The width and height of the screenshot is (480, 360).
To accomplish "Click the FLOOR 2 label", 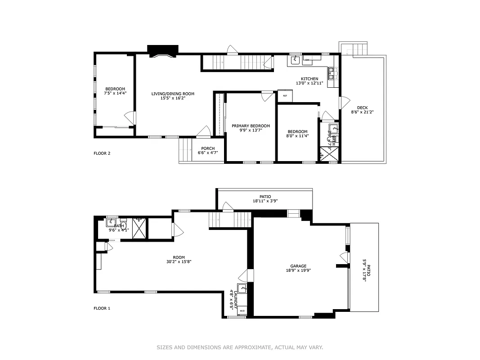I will pos(102,153).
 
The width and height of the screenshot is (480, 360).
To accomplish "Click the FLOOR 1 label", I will pos(102,308).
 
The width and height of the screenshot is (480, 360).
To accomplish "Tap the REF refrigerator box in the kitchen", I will pos(285,96).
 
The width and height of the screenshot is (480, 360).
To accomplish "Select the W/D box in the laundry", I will pos(242,310).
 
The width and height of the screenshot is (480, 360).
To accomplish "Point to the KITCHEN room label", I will pos(310,79).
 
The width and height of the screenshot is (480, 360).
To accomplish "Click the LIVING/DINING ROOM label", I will pos(173,94).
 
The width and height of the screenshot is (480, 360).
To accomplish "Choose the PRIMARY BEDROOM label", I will pos(251,126).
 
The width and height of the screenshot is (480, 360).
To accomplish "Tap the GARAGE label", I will pos(298,266).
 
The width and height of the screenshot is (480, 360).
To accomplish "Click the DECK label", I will pos(362,108).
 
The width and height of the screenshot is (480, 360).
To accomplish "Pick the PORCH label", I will pos(208,148).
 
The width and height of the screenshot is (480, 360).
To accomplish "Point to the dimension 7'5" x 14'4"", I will pos(115,93).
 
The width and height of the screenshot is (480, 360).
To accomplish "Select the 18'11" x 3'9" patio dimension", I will pos(265,201).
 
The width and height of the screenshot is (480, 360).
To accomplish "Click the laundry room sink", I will pos(242,288).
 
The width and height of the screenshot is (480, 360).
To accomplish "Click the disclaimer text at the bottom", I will pos(240,347).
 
